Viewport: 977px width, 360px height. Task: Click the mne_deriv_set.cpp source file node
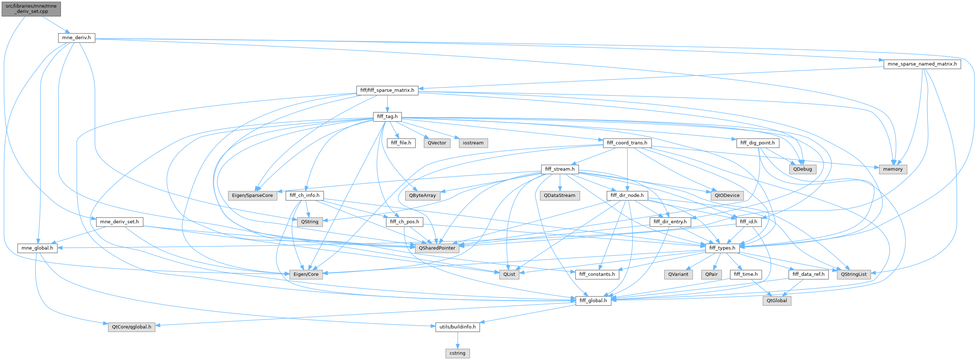point(31,8)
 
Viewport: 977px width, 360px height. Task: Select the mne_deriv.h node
point(76,38)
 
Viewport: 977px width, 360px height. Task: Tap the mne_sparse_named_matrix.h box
point(922,64)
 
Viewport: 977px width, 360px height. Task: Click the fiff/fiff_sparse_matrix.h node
point(387,90)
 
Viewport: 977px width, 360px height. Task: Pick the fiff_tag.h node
point(387,117)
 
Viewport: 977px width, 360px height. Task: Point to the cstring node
point(457,353)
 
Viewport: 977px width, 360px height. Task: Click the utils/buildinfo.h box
point(457,327)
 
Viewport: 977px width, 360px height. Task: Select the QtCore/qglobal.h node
point(131,327)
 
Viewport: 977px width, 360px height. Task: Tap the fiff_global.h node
point(593,301)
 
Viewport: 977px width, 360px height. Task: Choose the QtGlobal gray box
point(776,301)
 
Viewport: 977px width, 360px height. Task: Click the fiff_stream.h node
point(559,169)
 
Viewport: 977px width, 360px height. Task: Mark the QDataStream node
point(559,195)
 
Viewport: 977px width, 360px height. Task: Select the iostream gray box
point(473,143)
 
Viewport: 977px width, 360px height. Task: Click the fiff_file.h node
point(401,143)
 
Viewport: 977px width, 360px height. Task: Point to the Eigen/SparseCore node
point(252,195)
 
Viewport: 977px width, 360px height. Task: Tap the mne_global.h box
point(37,248)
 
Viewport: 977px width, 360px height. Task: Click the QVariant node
point(678,274)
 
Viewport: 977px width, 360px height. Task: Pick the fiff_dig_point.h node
point(758,143)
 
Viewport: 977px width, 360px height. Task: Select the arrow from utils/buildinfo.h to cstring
point(457,340)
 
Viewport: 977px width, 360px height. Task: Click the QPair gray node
point(711,274)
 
